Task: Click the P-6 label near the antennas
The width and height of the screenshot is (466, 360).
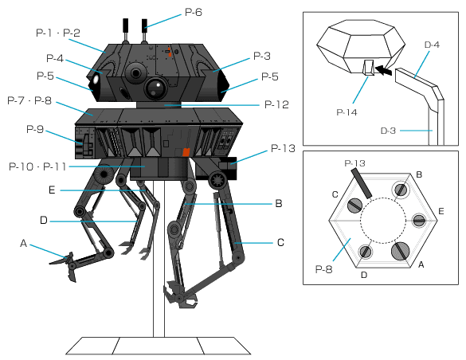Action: [194, 12]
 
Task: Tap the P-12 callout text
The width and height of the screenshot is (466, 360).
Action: [276, 104]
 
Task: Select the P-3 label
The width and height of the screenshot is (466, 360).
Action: [262, 56]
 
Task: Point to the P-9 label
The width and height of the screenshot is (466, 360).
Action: [35, 129]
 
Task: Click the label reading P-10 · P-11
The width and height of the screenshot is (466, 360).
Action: [37, 166]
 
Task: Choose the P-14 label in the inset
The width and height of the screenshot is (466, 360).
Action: [347, 112]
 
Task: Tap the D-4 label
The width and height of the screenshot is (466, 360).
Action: [432, 45]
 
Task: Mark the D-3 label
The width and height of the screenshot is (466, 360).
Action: [388, 131]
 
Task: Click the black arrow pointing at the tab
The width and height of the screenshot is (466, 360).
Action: [383, 70]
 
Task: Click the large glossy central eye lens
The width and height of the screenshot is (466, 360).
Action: [155, 88]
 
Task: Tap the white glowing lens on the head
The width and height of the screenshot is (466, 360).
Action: [96, 80]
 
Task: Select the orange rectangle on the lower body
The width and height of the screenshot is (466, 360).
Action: [186, 151]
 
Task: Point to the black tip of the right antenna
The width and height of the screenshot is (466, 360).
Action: [144, 25]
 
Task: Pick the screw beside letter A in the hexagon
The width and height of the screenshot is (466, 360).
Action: [401, 251]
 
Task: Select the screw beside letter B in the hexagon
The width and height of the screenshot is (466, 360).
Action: [401, 190]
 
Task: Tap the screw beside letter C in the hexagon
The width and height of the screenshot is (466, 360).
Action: [354, 205]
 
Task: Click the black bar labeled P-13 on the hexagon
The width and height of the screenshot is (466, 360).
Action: [362, 183]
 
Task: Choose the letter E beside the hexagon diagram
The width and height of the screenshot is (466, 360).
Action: [441, 211]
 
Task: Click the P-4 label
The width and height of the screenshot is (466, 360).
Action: [55, 58]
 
